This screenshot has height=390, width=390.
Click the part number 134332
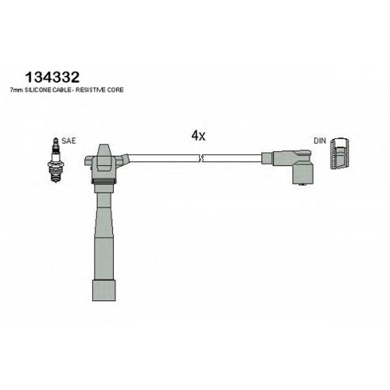point(52,77)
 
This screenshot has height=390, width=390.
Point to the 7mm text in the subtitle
point(16,90)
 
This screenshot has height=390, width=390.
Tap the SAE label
point(69,140)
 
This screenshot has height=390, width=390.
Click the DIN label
point(320,140)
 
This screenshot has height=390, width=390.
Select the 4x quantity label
point(198,136)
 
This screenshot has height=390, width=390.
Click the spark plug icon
point(55,160)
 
